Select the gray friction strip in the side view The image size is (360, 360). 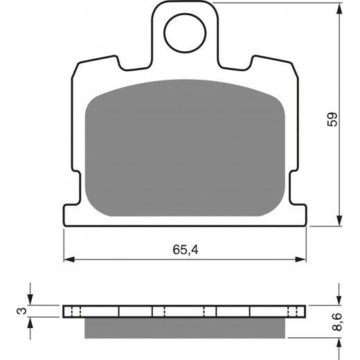click(x=185, y=327)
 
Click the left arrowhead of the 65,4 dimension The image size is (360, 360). click(x=69, y=260)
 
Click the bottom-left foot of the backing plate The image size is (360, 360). click(x=69, y=215)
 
